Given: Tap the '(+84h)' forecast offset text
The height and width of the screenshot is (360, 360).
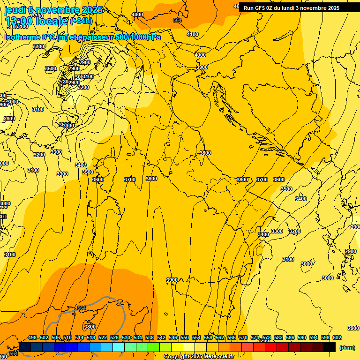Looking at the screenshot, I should coord(81,21).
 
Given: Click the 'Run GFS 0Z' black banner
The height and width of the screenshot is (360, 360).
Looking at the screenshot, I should coord(291,8).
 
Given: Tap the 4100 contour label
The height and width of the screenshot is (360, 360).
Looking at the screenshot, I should coord(193,34).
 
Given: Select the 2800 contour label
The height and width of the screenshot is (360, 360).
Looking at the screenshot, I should coord(9,119).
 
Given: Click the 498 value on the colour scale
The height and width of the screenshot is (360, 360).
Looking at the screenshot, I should coord(32,337).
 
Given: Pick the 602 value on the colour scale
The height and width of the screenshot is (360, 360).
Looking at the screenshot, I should coord(337,337).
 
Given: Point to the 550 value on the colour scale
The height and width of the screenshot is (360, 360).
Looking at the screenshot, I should coord(185,337).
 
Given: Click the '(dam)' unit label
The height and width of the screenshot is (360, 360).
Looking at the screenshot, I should coord(347,347).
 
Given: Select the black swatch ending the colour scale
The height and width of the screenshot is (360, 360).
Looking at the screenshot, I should coord(330,347).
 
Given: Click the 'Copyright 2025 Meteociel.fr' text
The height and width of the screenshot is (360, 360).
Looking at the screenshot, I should coord(199,356).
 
